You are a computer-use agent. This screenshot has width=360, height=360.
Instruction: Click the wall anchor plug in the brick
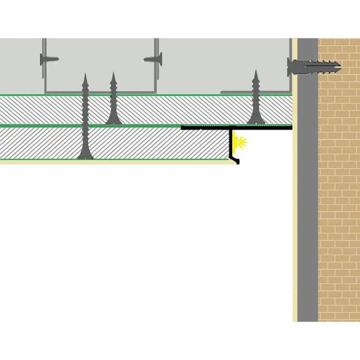(320, 67)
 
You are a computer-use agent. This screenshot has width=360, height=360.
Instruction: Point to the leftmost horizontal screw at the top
(50, 59)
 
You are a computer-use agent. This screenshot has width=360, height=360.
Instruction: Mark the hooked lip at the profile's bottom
(236, 160)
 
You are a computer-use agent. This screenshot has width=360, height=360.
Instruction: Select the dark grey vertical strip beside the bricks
(307, 213)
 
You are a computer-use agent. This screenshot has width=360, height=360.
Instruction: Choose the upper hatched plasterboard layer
(160, 110)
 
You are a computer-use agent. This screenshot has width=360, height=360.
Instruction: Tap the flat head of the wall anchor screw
(291, 67)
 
